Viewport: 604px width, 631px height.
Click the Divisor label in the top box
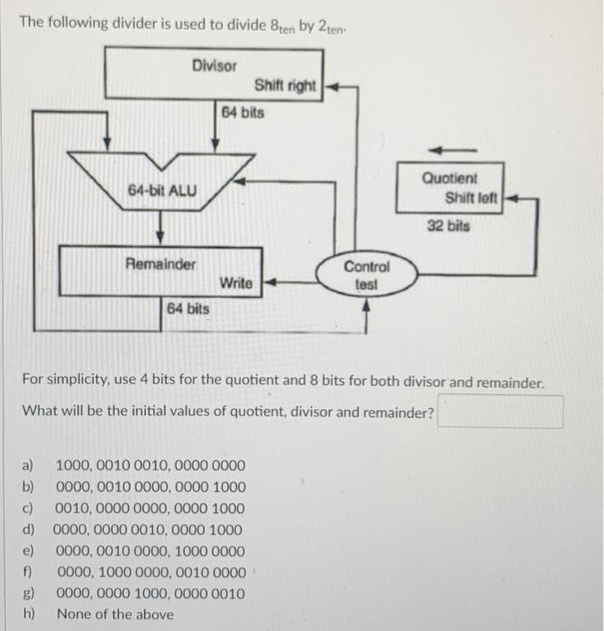coord(215,65)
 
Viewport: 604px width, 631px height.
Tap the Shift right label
coord(285,86)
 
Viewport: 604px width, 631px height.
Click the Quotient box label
coord(450,178)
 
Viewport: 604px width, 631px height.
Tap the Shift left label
coord(471,197)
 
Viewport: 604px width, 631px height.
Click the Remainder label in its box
coord(160,264)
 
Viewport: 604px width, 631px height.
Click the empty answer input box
coord(500,413)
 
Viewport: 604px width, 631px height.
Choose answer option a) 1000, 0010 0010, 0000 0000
coord(150,466)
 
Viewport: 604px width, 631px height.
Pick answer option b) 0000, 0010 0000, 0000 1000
coord(150,488)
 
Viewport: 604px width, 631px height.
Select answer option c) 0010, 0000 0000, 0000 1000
coord(150,508)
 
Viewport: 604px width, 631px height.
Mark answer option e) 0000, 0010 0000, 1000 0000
coord(150,550)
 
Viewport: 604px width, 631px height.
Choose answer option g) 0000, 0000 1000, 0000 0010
coord(150,593)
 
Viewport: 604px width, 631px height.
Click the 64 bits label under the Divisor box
coord(243,113)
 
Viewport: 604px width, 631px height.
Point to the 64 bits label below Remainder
coord(188,308)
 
